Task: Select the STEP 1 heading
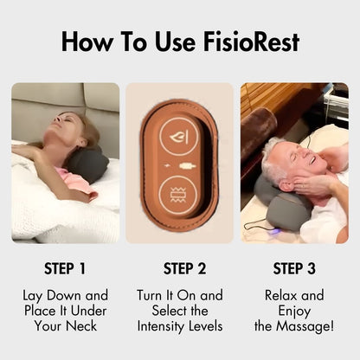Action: [66, 268]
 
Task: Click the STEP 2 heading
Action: [179, 268]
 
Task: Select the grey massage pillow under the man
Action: [276, 208]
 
